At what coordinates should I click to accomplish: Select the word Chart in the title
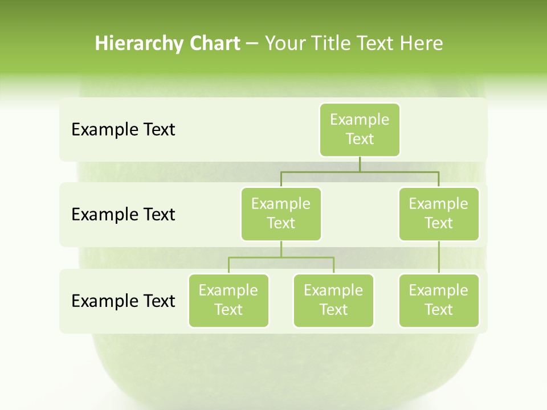[x=214, y=43]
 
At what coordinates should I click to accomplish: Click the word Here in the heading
[x=421, y=43]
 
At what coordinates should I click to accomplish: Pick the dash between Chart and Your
[x=252, y=44]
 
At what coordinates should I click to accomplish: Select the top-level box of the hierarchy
[x=360, y=129]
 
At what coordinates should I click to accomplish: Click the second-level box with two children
[x=281, y=214]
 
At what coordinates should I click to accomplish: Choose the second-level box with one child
[x=439, y=214]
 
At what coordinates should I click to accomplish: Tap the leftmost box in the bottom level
[x=228, y=300]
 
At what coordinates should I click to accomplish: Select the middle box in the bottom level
[x=333, y=300]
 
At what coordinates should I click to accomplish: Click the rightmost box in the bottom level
[x=439, y=300]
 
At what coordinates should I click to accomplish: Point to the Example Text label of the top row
[x=123, y=129]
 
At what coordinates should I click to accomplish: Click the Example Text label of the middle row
[x=123, y=214]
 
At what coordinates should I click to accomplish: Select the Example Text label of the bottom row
[x=123, y=301]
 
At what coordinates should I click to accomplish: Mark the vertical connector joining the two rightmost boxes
[x=439, y=257]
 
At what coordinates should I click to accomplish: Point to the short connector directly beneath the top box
[x=360, y=164]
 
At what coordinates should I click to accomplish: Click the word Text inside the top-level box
[x=360, y=139]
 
